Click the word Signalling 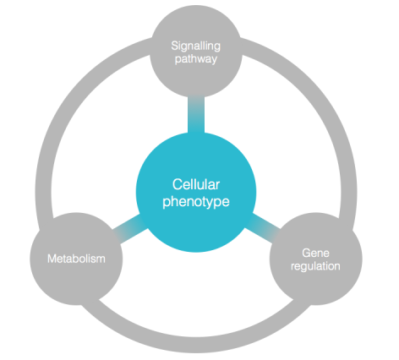[196, 46]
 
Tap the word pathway [196, 59]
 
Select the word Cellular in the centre [196, 185]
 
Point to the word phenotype [196, 202]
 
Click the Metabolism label [76, 259]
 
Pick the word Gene [315, 253]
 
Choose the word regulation [315, 266]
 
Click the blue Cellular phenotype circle [196, 192]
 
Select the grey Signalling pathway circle [196, 52]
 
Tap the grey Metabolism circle [76, 259]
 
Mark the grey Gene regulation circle [316, 259]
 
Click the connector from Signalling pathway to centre [196, 115]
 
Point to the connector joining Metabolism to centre [130, 228]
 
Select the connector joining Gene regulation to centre [263, 228]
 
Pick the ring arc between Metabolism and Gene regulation [196, 345]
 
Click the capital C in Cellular [177, 185]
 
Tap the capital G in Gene [307, 253]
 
